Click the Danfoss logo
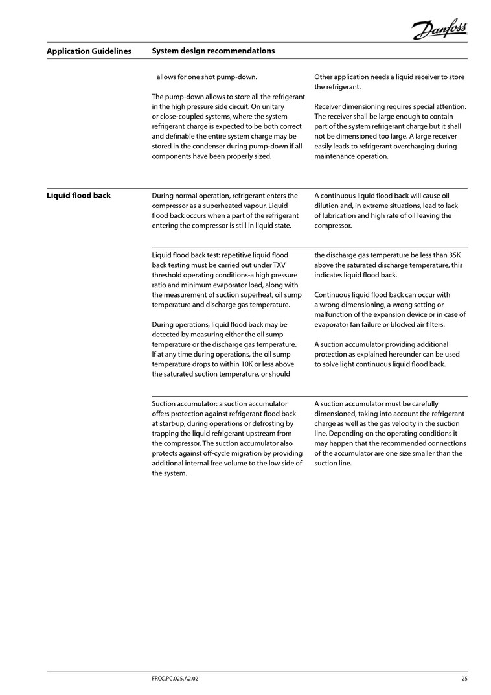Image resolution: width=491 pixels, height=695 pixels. click(x=440, y=29)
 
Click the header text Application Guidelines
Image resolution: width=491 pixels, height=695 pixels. click(x=89, y=51)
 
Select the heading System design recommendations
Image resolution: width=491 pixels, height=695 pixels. click(x=213, y=51)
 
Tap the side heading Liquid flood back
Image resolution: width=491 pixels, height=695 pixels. click(x=78, y=195)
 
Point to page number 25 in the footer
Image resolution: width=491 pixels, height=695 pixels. click(x=464, y=679)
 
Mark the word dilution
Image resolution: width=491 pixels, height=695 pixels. click(x=328, y=206)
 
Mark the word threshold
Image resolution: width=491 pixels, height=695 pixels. click(x=168, y=275)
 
